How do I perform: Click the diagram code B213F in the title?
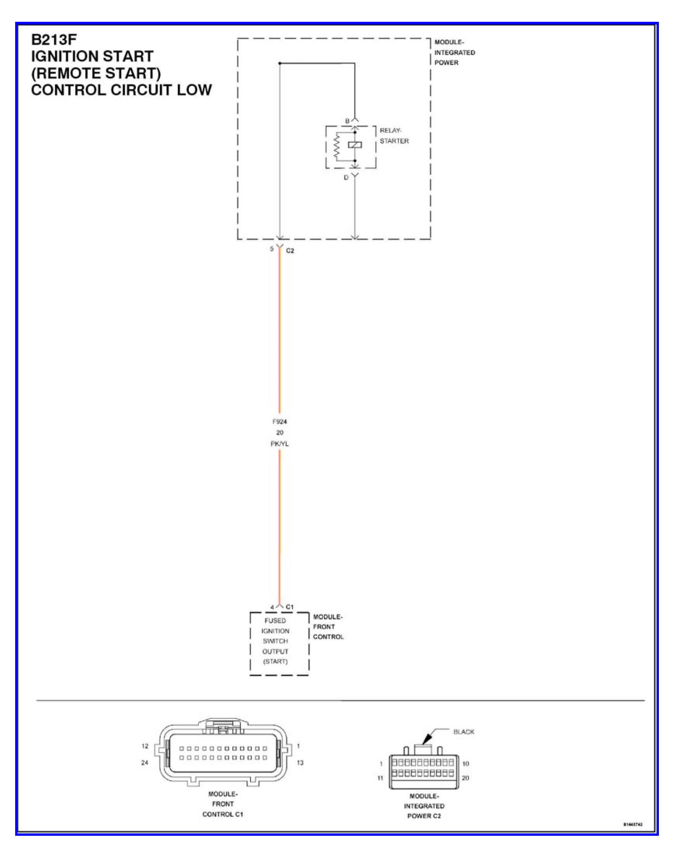click(x=54, y=39)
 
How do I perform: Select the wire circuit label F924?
click(x=279, y=421)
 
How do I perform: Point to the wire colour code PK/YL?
click(x=279, y=444)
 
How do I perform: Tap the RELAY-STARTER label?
click(x=393, y=135)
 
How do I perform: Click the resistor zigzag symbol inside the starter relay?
click(x=336, y=146)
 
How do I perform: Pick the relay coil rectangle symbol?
click(x=355, y=145)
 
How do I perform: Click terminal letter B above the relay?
click(x=347, y=121)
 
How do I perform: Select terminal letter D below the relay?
click(x=346, y=178)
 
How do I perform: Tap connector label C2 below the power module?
click(x=290, y=251)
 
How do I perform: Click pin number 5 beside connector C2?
click(x=271, y=249)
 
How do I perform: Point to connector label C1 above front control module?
click(x=290, y=607)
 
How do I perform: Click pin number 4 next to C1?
click(x=272, y=607)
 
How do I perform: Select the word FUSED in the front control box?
click(x=275, y=621)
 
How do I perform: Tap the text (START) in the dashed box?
click(x=275, y=661)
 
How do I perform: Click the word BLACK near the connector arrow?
click(x=464, y=731)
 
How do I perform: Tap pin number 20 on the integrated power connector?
click(x=465, y=777)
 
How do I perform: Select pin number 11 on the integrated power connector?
click(x=380, y=778)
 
